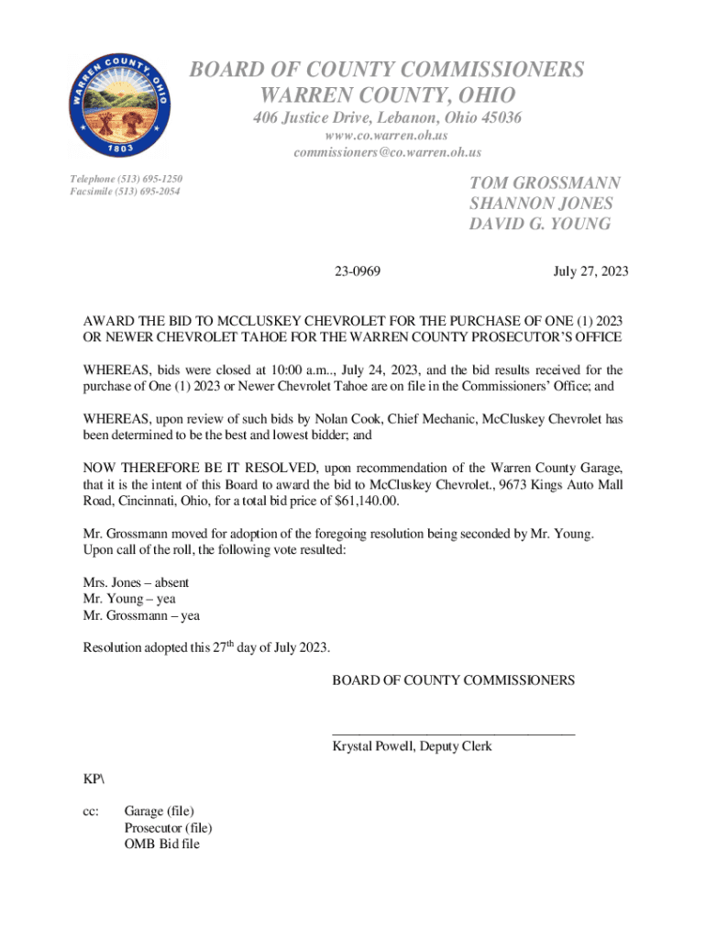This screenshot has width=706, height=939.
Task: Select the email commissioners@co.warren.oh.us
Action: click(x=388, y=152)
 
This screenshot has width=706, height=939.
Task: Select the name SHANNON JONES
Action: click(x=541, y=204)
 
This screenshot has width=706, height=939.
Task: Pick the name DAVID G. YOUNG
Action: click(x=540, y=224)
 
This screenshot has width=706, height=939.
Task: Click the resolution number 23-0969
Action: click(x=359, y=271)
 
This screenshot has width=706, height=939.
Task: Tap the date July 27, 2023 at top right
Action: click(x=590, y=271)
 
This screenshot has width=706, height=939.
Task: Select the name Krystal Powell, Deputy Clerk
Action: click(x=412, y=746)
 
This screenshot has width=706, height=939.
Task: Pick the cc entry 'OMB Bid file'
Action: click(x=161, y=844)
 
